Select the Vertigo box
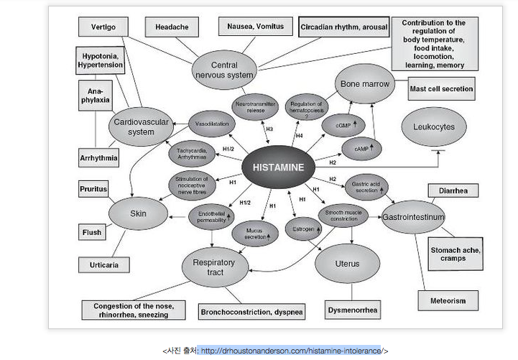pos(103,27)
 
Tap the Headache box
pos(172,27)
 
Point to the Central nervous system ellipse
pos(224,69)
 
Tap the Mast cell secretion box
pos(441,89)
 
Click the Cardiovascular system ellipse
pos(141,127)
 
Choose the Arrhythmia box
pos(99,157)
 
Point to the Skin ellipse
pos(137,213)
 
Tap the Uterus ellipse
pos(347,264)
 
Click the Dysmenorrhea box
pos(352,311)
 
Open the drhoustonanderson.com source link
pos(291,350)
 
